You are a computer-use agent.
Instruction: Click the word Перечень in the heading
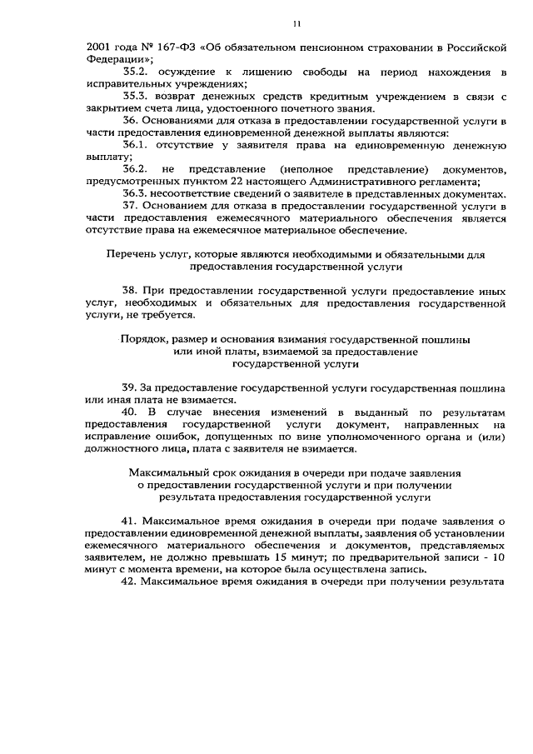[x=132, y=254]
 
